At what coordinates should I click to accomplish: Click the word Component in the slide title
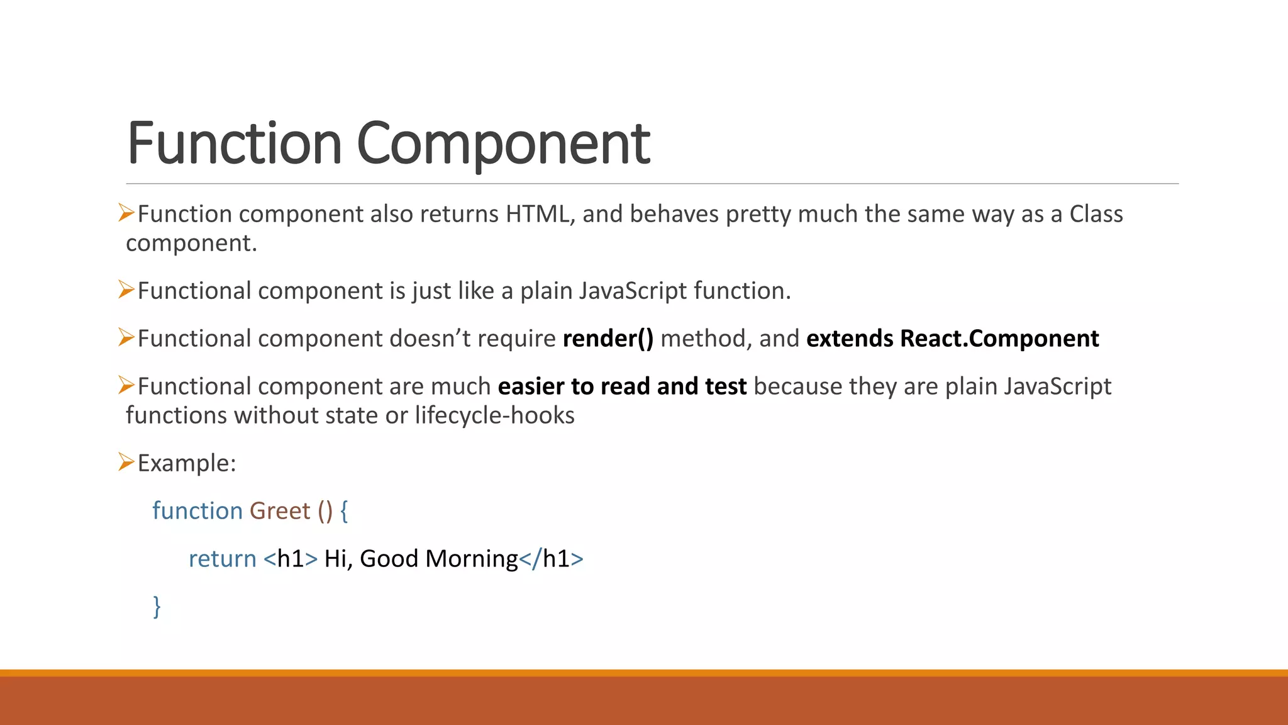click(503, 143)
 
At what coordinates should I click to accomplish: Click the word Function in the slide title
click(234, 143)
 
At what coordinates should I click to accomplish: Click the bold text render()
click(608, 339)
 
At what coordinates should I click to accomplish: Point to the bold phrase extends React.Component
click(952, 339)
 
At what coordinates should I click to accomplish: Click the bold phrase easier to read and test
click(622, 386)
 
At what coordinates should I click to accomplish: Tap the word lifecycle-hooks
click(494, 415)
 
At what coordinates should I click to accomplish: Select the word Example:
click(187, 463)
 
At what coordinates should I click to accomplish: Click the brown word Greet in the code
click(280, 511)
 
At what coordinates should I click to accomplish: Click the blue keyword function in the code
click(197, 511)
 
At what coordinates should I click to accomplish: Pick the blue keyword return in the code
click(223, 559)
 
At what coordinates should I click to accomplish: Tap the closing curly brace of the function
click(157, 607)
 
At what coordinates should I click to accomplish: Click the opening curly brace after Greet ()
click(344, 511)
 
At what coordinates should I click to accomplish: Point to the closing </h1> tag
click(552, 559)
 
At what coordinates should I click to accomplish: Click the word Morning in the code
click(471, 559)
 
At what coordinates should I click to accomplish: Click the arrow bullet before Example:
click(126, 462)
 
